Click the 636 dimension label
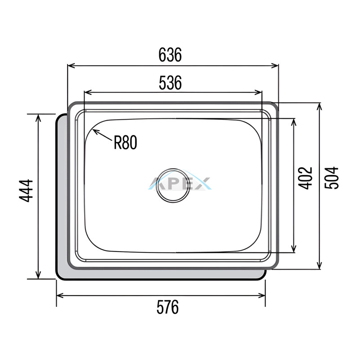tap(170, 54)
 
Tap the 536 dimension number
tap(170, 83)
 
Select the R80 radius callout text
tap(126, 142)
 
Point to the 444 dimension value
tap(26, 191)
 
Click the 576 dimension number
tap(167, 307)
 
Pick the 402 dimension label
tap(306, 178)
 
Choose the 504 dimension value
tap(331, 178)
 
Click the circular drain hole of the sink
tap(173, 186)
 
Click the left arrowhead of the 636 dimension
tap(72, 66)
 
